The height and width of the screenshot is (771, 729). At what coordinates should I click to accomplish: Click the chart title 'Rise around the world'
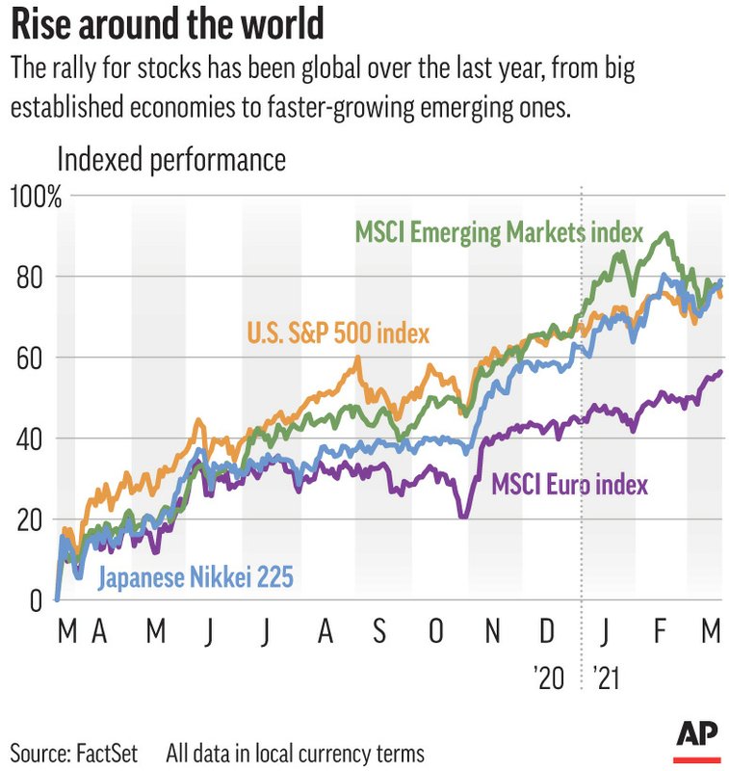168,24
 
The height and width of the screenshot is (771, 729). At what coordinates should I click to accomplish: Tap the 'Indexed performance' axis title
172,159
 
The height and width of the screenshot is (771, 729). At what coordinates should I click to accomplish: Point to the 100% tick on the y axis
36,199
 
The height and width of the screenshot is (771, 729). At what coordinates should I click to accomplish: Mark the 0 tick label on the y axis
35,600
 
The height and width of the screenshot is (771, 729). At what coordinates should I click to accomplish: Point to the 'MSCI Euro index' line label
569,484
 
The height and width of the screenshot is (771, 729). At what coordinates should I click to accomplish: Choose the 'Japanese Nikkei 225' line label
195,578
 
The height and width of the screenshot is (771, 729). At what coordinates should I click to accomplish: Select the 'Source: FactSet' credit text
74,752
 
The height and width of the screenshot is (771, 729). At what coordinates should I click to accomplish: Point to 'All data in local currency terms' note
295,752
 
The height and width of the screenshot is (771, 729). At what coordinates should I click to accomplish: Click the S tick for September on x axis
379,632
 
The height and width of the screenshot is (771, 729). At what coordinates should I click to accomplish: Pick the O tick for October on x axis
436,632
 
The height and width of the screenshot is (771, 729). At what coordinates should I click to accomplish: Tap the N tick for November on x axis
492,632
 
